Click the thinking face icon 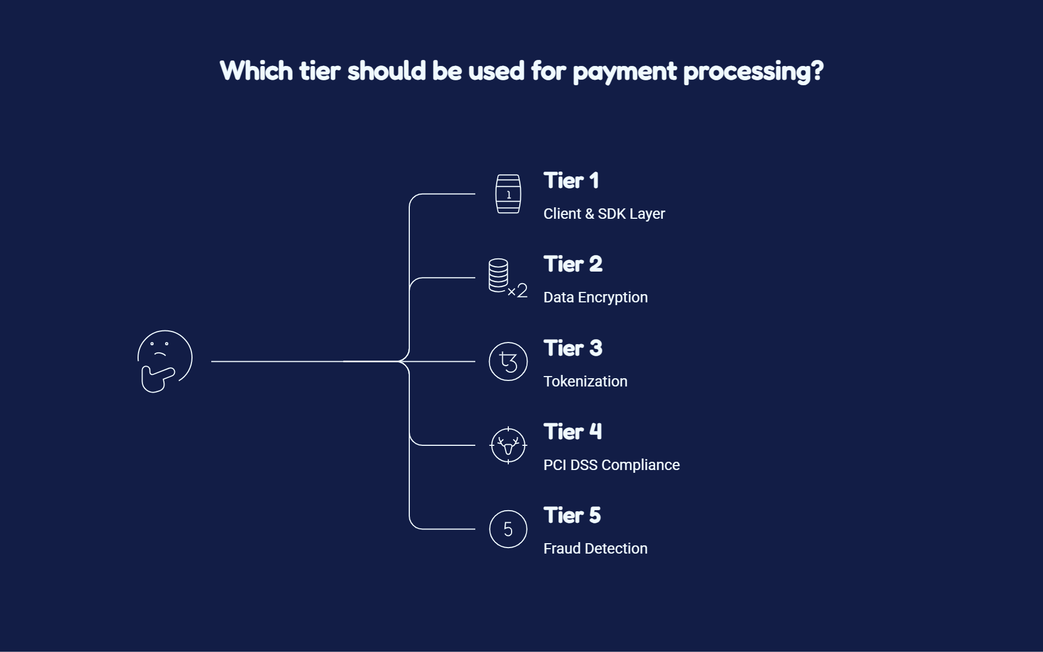coord(164,361)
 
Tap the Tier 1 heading coord(571,181)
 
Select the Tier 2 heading coord(573,264)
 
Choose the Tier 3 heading coord(573,349)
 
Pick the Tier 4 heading coord(573,432)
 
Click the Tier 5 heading coord(572,516)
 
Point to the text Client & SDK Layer coord(604,214)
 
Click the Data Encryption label coord(596,297)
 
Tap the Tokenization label coord(585,382)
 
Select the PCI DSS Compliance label coord(612,465)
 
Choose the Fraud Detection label coord(595,549)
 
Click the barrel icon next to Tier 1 coord(508,194)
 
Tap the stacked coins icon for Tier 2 coord(508,278)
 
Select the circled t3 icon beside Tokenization coord(508,361)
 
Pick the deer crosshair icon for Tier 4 coord(508,445)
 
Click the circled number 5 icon coord(508,529)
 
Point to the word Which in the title coord(256,71)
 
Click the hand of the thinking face coord(158,379)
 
